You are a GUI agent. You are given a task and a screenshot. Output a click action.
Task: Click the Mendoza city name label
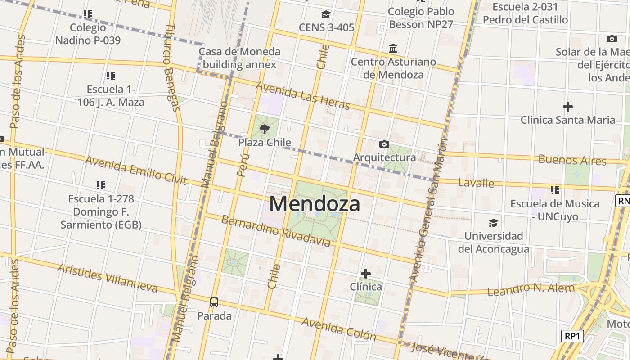pyautogui.click(x=315, y=204)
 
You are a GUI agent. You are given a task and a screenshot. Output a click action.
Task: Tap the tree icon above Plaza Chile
pyautogui.click(x=265, y=130)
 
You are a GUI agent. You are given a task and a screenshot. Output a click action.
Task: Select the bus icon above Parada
pyautogui.click(x=214, y=302)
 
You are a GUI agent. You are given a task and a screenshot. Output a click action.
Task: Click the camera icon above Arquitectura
pyautogui.click(x=384, y=144)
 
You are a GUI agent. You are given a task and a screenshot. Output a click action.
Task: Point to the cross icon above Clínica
pyautogui.click(x=366, y=273)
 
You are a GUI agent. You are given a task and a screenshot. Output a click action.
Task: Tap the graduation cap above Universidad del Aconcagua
pyautogui.click(x=494, y=223)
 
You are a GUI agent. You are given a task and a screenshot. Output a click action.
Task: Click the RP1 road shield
pyautogui.click(x=572, y=336)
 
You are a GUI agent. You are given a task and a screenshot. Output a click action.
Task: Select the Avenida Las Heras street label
pyautogui.click(x=303, y=95)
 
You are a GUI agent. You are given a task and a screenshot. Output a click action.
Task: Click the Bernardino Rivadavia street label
pyautogui.click(x=276, y=230)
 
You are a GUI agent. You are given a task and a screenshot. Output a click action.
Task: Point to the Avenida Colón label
pyautogui.click(x=339, y=329)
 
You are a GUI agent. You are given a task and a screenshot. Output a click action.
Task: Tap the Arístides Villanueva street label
pyautogui.click(x=108, y=278)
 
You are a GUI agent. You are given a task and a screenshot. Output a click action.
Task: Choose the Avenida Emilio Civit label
pyautogui.click(x=135, y=170)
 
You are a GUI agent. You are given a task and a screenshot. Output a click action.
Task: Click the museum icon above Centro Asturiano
pyautogui.click(x=393, y=48)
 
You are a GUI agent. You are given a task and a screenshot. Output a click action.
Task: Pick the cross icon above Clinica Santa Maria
pyautogui.click(x=568, y=107)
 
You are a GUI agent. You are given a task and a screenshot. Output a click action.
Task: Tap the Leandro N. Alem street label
pyautogui.click(x=531, y=290)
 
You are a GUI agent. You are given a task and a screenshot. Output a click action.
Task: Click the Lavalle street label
pyautogui.click(x=476, y=183)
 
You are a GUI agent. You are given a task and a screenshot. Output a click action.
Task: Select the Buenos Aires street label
pyautogui.click(x=572, y=160)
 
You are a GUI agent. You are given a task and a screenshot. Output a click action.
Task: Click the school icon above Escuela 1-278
pyautogui.click(x=101, y=185)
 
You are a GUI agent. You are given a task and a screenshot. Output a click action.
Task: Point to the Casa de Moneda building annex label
pyautogui.click(x=239, y=58)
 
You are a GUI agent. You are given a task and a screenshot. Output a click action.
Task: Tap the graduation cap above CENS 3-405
pyautogui.click(x=326, y=14)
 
